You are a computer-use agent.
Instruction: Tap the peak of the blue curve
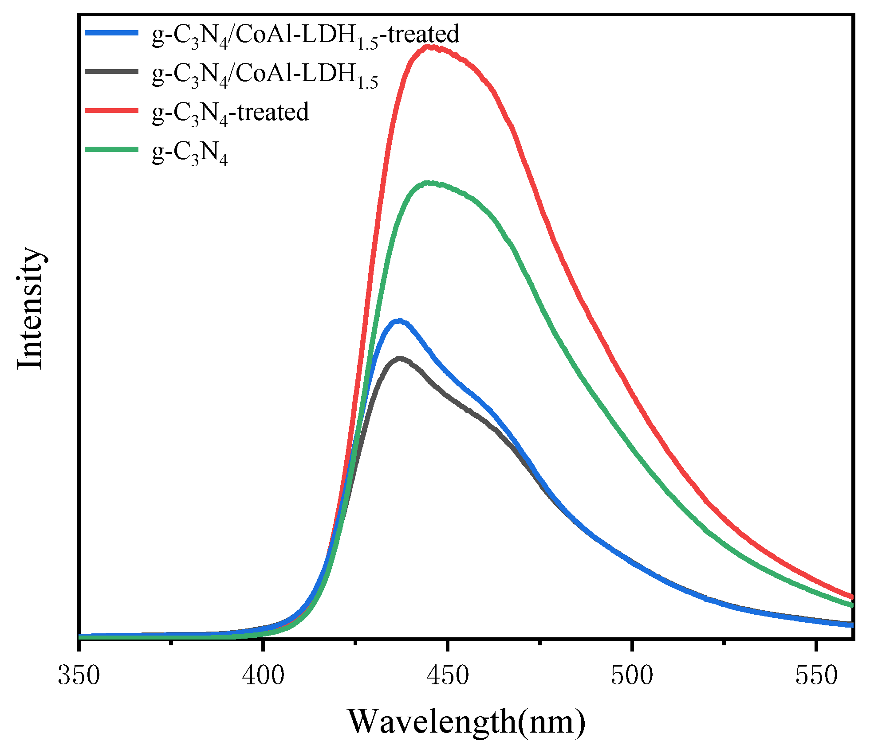(x=400, y=320)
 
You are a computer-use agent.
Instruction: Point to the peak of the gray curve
(x=400, y=358)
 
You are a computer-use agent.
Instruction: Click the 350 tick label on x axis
(x=79, y=676)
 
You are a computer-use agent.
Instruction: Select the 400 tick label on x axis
(x=264, y=676)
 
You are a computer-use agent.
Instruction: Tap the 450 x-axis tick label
(x=448, y=676)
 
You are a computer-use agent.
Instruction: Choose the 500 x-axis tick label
(x=632, y=676)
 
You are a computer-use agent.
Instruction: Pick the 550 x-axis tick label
(x=816, y=676)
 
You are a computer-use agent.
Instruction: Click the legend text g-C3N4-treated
(x=230, y=113)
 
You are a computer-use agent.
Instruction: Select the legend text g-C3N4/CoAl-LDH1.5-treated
(x=305, y=35)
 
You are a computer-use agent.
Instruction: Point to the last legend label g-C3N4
(x=189, y=152)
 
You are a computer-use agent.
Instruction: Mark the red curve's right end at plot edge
(x=851, y=597)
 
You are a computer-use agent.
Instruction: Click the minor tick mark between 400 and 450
(x=355, y=641)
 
